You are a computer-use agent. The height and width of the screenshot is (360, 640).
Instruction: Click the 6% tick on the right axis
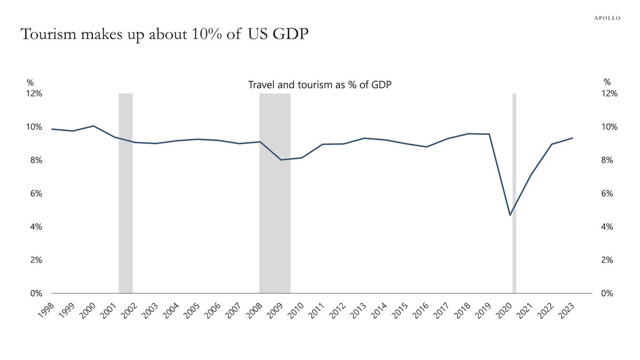click(610, 194)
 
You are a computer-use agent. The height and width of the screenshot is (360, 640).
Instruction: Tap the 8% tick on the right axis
click(610, 160)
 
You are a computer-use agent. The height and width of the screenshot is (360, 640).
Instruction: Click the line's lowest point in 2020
click(510, 215)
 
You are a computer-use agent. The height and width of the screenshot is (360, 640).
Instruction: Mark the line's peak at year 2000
click(93, 126)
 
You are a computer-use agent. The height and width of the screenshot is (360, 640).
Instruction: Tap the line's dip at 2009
click(281, 160)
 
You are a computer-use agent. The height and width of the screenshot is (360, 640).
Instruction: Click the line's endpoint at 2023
click(573, 138)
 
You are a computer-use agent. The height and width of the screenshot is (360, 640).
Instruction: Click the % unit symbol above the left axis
click(30, 82)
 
